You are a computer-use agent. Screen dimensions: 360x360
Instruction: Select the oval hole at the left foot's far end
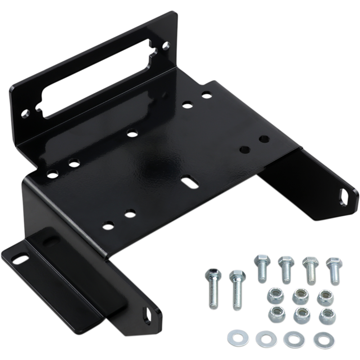coord(18,258)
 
